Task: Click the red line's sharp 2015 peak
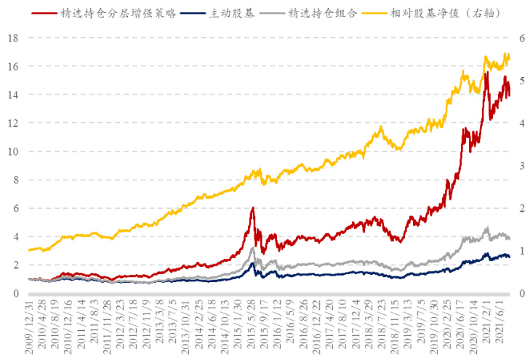(x=252, y=208)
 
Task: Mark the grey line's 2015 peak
(x=252, y=248)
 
